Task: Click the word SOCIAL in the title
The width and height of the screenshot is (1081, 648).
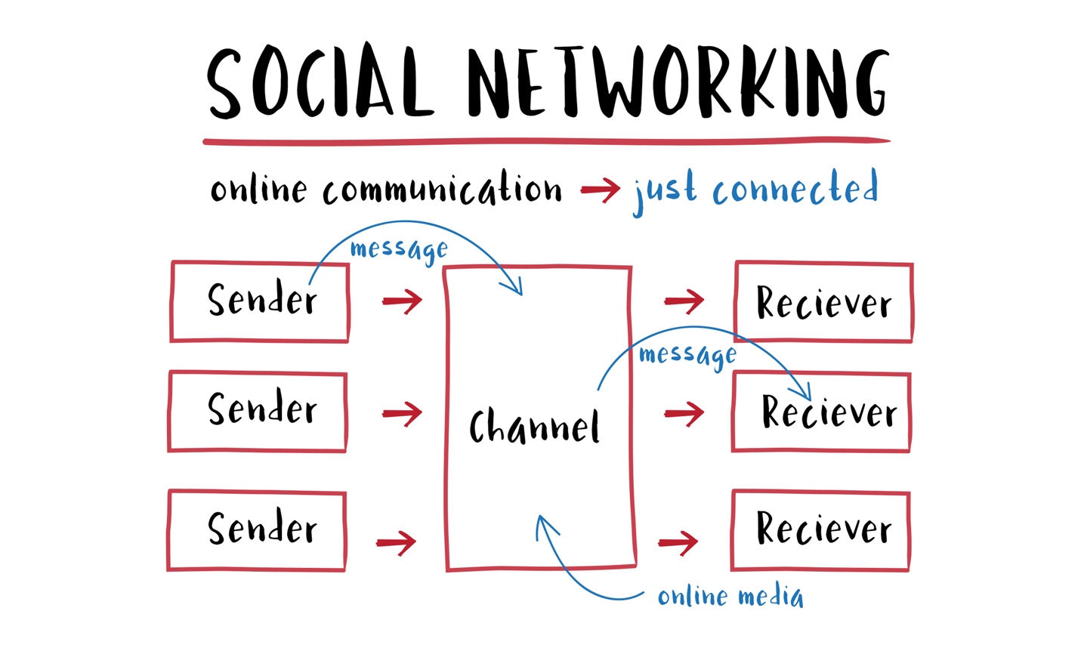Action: click(320, 83)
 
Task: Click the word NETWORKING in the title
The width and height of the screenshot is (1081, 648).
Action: click(678, 83)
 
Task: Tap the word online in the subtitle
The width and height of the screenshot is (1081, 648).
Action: click(258, 189)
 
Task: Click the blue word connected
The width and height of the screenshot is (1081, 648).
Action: click(795, 189)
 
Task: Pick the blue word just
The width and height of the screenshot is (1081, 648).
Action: click(665, 192)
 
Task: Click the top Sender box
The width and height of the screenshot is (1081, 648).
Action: click(260, 301)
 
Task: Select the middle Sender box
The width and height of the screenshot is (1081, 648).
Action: click(258, 412)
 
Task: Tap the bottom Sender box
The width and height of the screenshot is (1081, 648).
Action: click(257, 530)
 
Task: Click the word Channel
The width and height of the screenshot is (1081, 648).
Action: click(534, 426)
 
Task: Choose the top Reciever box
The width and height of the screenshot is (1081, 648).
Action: click(823, 302)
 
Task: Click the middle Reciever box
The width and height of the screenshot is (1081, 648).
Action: click(822, 412)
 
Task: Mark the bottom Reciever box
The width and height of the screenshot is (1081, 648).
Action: click(820, 530)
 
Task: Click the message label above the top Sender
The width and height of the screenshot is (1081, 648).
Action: click(399, 249)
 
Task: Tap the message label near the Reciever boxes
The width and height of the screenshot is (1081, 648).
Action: click(687, 354)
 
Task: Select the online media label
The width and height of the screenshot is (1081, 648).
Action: click(730, 597)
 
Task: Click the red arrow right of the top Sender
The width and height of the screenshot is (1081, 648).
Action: click(402, 301)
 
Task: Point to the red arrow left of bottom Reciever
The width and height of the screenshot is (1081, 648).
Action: click(678, 542)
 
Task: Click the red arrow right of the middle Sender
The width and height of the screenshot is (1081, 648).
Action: click(402, 413)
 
